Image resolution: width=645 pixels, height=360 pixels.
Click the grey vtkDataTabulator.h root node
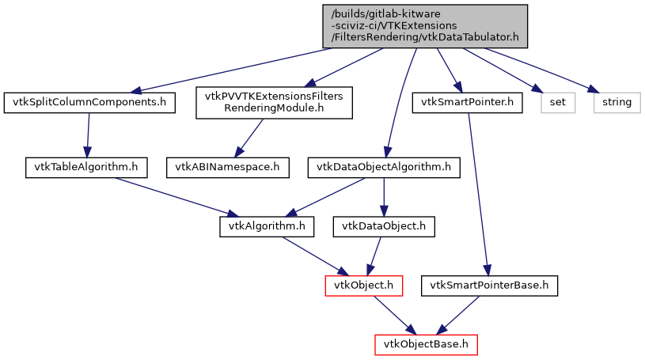[x=424, y=25]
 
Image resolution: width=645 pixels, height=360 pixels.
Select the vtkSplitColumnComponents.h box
[x=89, y=102]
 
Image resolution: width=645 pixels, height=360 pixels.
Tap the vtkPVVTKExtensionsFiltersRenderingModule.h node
[x=274, y=102]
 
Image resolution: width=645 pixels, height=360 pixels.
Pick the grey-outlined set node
[x=556, y=102]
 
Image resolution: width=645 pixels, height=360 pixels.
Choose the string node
[x=617, y=102]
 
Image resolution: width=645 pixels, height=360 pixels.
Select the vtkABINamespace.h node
[x=227, y=167]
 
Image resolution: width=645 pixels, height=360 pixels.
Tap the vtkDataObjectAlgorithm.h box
[x=384, y=167]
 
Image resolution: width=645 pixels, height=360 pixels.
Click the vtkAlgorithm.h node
[x=266, y=226]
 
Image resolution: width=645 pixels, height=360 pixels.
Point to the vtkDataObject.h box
[x=384, y=226]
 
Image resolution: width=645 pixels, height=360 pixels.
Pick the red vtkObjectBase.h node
[x=427, y=344]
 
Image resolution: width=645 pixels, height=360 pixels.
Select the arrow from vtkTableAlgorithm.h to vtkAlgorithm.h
[x=174, y=197]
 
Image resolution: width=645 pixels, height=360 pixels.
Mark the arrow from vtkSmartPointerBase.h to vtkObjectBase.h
[x=458, y=315]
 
